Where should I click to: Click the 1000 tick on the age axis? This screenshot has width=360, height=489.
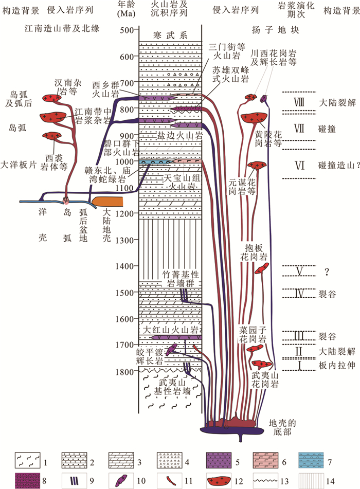click(x=125, y=161)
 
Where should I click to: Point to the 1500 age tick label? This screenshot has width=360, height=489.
click(x=125, y=293)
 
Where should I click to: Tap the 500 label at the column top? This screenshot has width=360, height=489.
click(x=125, y=30)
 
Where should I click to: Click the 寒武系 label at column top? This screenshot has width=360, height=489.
click(x=170, y=35)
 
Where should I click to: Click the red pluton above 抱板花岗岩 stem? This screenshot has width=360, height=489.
click(x=262, y=267)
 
